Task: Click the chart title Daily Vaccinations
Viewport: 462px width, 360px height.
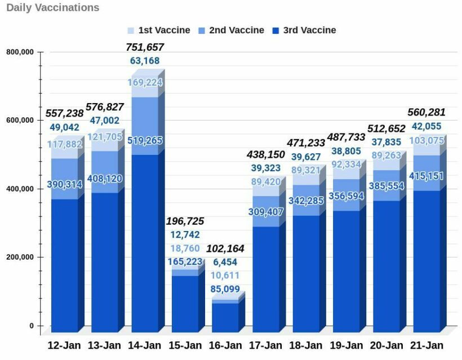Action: coord(52,7)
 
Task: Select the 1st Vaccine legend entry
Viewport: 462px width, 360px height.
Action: coord(158,30)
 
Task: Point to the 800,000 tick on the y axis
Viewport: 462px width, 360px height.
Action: coord(20,52)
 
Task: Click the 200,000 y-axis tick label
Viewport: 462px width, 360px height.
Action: coord(20,257)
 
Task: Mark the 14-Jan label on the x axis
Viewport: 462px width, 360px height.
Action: coord(145,345)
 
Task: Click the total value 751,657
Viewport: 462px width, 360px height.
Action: coord(145,47)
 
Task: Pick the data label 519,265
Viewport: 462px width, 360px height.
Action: coord(145,140)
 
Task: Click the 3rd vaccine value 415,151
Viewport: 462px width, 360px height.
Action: coord(427,176)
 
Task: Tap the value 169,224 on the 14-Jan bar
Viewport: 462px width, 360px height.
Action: coord(145,83)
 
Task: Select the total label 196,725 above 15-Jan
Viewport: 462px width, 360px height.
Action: coord(185,221)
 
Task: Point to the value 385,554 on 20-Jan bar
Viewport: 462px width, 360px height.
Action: coord(387,185)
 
